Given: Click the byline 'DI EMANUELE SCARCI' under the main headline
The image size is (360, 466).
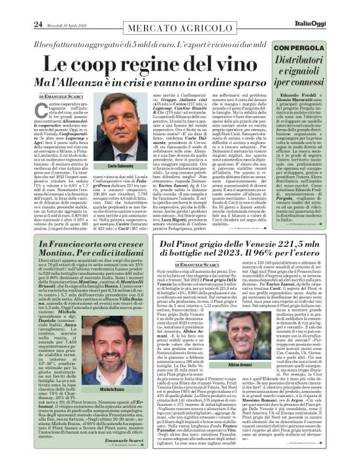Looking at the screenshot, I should click(x=61, y=97).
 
